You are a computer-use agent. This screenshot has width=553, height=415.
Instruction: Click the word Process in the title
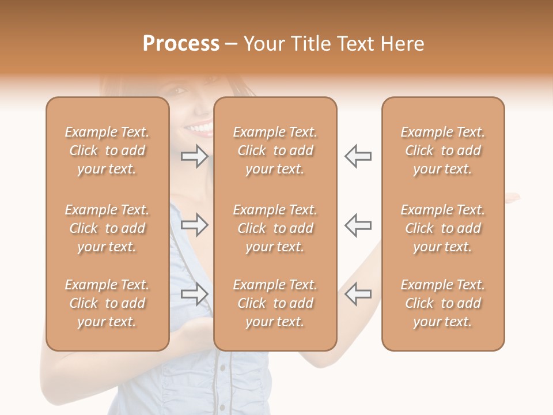pos(181,44)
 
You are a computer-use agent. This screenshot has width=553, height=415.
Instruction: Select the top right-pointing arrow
pos(194,156)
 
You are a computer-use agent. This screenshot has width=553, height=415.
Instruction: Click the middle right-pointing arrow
pos(194,225)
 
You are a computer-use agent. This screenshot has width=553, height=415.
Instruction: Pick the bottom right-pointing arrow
pos(194,294)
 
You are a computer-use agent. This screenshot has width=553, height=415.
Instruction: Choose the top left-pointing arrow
pos(358,156)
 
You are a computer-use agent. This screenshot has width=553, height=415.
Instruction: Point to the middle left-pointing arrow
pos(358,225)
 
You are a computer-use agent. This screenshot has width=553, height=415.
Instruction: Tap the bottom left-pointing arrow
pos(358,294)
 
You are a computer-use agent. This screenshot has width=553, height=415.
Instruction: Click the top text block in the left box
pos(107,150)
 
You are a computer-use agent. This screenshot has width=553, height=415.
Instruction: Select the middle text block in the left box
pos(107,228)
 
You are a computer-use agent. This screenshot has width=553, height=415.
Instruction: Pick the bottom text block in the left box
pos(107,303)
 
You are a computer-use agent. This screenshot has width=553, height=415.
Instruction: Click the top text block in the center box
pos(275,150)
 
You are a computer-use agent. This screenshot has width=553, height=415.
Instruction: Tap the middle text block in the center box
pos(275,228)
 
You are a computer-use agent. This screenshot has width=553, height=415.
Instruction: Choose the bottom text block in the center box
pos(275,303)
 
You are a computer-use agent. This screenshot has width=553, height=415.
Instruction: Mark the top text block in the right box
pos(443,150)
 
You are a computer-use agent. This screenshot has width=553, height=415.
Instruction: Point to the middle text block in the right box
pos(443,228)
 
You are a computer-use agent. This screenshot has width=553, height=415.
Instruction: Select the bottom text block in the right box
pos(443,303)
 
